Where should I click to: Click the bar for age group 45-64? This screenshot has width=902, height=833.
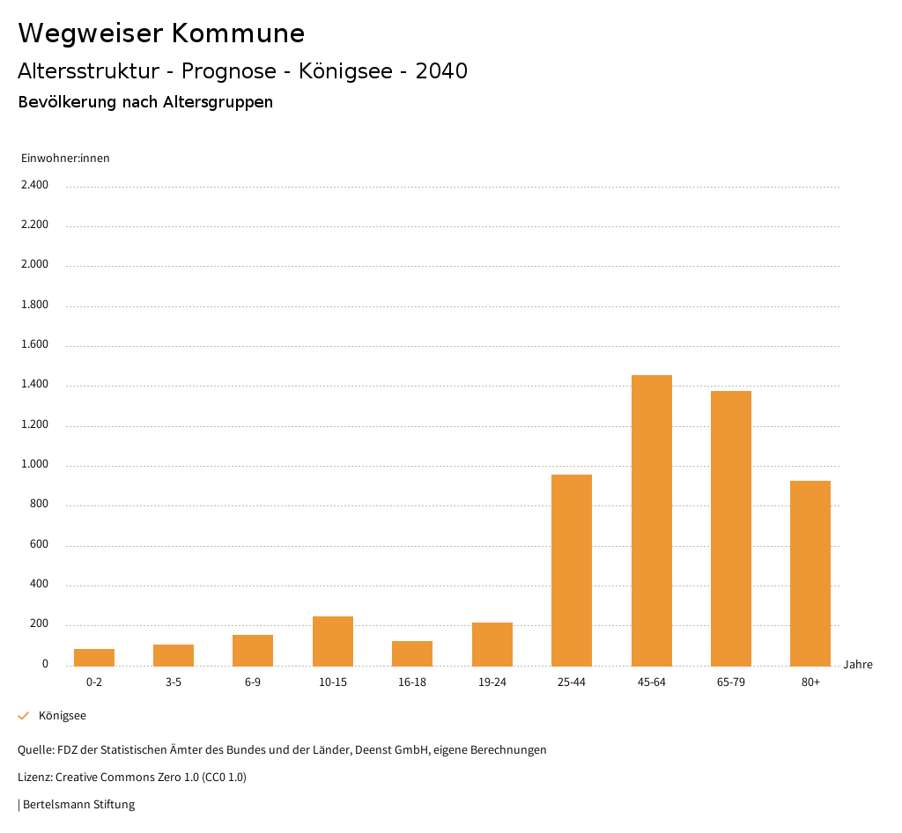pos(651,520)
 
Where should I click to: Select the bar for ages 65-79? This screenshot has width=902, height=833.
pos(731,528)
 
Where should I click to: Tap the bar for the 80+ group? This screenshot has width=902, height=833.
pos(810,573)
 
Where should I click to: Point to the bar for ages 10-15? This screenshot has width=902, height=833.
pos(333,641)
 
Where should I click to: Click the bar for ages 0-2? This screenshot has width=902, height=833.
pos(94,657)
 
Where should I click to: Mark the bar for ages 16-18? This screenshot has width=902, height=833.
pos(412,653)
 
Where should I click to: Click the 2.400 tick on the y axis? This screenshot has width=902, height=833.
pos(34,185)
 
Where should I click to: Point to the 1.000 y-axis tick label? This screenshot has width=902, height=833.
pos(34,465)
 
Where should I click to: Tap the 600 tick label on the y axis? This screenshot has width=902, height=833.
pos(39,545)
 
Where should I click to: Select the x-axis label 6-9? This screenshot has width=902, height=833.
pos(253,682)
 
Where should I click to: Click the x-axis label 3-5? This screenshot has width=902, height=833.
pos(174,682)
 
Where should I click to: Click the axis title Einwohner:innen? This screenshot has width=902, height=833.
pos(65,158)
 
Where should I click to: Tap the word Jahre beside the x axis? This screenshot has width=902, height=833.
pos(858,665)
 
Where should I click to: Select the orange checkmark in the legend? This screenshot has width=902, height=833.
pos(24,716)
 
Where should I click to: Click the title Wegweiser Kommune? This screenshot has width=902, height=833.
pos(161,33)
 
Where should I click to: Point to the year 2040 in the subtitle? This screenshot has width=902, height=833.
pos(441,71)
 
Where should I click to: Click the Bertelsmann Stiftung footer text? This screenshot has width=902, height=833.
pos(78,805)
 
